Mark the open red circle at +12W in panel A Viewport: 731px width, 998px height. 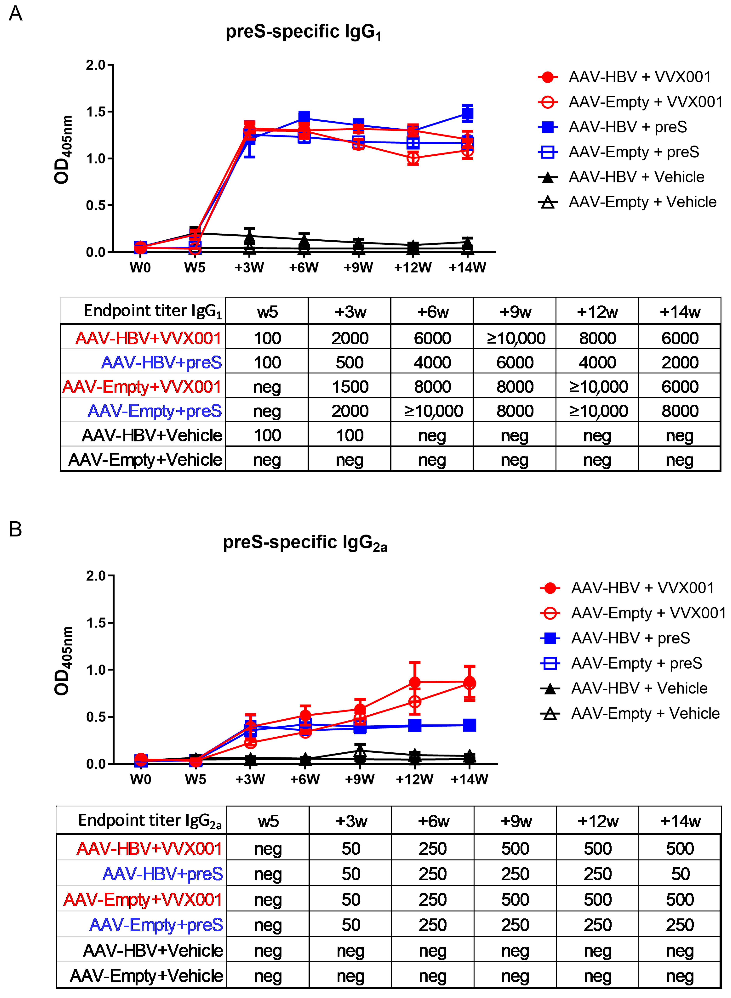click(413, 158)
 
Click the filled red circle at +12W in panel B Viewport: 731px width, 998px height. click(415, 682)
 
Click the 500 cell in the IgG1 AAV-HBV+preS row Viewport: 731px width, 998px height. click(350, 363)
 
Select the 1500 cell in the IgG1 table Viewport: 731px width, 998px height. click(350, 387)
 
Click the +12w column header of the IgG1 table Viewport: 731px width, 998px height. click(597, 311)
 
